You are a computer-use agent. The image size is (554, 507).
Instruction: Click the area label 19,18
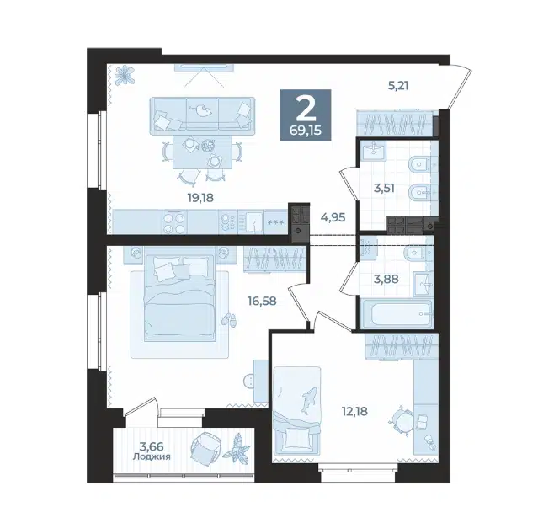pyautogui.click(x=200, y=198)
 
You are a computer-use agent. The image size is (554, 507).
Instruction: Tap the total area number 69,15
pyautogui.click(x=306, y=131)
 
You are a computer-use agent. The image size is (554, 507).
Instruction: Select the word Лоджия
pyautogui.click(x=152, y=456)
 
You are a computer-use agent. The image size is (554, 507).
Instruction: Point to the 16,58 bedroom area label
pyautogui.click(x=262, y=301)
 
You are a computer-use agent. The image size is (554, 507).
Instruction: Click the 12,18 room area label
pyautogui.click(x=354, y=411)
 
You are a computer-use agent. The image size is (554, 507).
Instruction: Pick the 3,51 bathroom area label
pyautogui.click(x=384, y=188)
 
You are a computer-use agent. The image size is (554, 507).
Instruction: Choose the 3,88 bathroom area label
pyautogui.click(x=386, y=279)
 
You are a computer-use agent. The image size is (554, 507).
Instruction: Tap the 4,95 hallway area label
pyautogui.click(x=333, y=217)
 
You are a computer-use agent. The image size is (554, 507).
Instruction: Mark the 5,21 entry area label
pyautogui.click(x=398, y=86)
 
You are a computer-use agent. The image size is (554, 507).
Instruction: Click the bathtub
pyautogui.click(x=397, y=313)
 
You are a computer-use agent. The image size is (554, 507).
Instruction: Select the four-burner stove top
pyautogui.click(x=175, y=222)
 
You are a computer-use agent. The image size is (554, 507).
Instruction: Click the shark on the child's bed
pyautogui.click(x=308, y=400)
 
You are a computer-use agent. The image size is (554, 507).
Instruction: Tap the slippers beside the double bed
pyautogui.click(x=229, y=319)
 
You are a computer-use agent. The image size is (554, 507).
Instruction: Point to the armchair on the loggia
pyautogui.click(x=205, y=447)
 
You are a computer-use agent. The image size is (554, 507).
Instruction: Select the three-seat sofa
pyautogui.click(x=202, y=115)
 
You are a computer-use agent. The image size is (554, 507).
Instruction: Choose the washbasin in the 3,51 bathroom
pyautogui.click(x=373, y=151)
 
